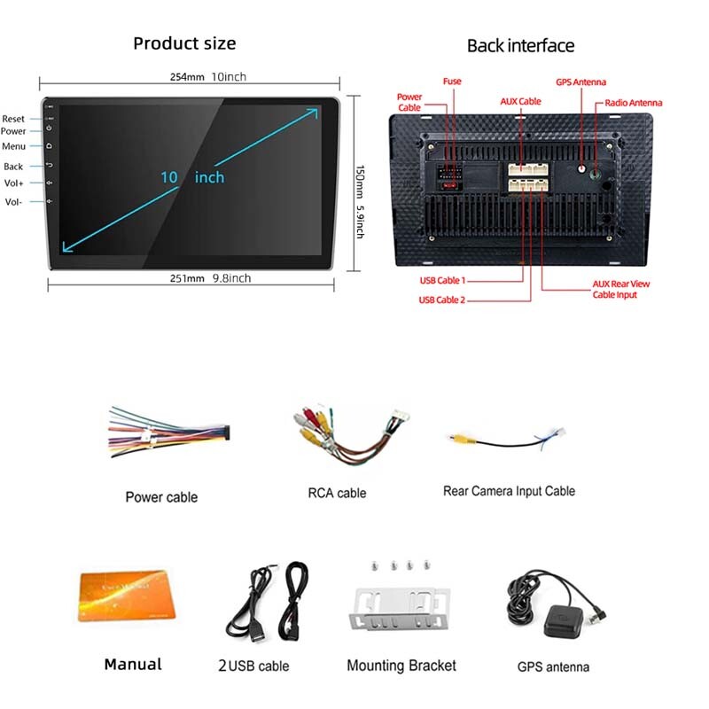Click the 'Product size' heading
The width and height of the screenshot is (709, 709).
pyautogui.click(x=184, y=43)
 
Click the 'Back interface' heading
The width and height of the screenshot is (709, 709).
pyautogui.click(x=520, y=46)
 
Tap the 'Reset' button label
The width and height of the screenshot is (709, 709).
pyautogui.click(x=13, y=119)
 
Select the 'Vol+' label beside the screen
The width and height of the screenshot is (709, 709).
pyautogui.click(x=13, y=183)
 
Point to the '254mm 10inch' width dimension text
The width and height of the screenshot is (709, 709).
pyautogui.click(x=208, y=77)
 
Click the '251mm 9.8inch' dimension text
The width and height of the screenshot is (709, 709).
pyautogui.click(x=210, y=278)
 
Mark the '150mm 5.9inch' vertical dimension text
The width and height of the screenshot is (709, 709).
pyautogui.click(x=360, y=202)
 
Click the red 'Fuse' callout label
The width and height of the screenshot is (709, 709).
pyautogui.click(x=452, y=82)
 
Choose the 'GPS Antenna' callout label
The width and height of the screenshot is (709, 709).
pyautogui.click(x=580, y=82)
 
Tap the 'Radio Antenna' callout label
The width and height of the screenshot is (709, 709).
pyautogui.click(x=633, y=103)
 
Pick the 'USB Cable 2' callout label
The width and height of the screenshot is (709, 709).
pyautogui.click(x=441, y=300)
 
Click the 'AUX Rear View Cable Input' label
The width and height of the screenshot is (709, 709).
pyautogui.click(x=621, y=290)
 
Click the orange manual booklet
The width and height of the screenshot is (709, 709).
pyautogui.click(x=126, y=595)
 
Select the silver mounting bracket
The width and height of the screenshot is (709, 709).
pyautogui.click(x=400, y=608)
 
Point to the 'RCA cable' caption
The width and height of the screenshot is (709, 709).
pyautogui.click(x=337, y=493)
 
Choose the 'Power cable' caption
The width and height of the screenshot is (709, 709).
pyautogui.click(x=161, y=497)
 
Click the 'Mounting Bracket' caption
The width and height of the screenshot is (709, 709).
pyautogui.click(x=401, y=666)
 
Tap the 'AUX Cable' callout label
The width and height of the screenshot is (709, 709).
pyautogui.click(x=520, y=102)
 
